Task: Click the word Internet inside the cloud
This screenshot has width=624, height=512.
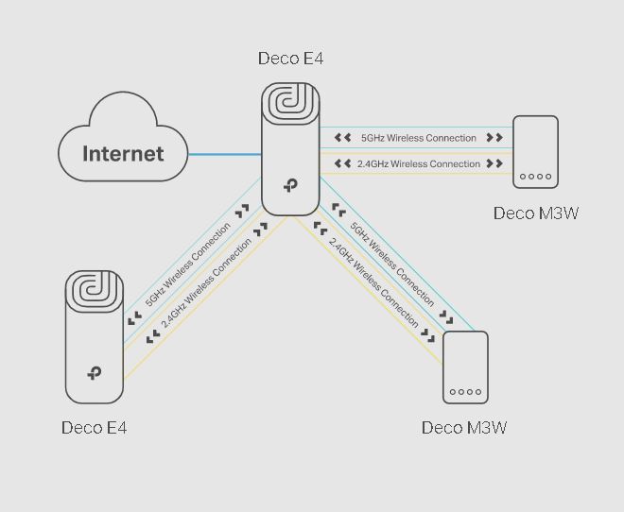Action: [x=123, y=154]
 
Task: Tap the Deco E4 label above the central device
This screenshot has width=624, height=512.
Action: [x=290, y=59]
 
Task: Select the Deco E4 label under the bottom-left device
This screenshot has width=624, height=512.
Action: [x=94, y=428]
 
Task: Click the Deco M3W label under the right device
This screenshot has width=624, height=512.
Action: [x=536, y=213]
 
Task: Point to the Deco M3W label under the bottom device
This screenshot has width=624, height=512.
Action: [x=464, y=428]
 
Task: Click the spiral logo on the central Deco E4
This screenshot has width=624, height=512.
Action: [x=290, y=105]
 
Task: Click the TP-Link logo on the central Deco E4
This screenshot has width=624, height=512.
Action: [x=290, y=187]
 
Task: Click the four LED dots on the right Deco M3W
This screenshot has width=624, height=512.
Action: [x=536, y=177]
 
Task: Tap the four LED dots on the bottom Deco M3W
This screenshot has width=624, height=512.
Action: [x=465, y=392]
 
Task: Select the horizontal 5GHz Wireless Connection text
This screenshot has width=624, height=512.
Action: [x=419, y=138]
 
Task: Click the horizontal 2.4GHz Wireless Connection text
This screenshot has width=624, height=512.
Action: [x=419, y=164]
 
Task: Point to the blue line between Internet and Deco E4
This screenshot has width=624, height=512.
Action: [x=225, y=154]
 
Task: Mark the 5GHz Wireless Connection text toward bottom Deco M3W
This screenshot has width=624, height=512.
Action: [x=391, y=264]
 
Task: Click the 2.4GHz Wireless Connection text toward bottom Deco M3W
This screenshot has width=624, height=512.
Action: [x=373, y=282]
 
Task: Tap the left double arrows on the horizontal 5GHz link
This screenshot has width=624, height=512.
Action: [x=342, y=138]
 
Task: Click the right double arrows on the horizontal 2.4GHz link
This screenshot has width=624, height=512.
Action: [x=494, y=164]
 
